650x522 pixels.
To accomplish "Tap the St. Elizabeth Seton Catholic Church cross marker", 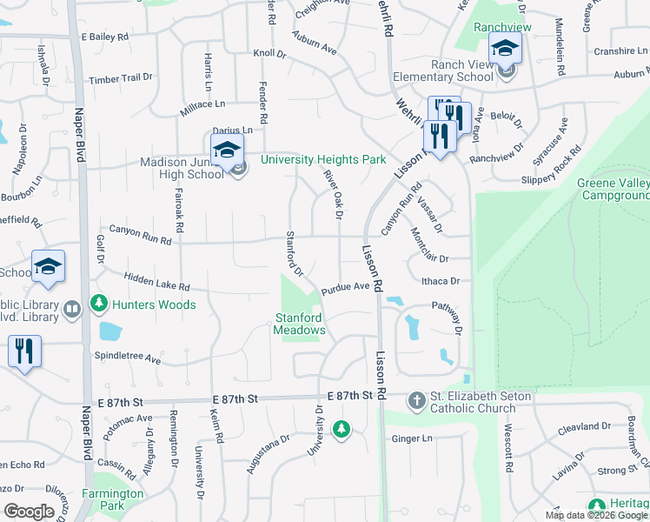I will [x=416, y=400].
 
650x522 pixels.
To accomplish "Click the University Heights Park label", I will [x=322, y=160].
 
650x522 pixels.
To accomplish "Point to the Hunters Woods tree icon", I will [x=100, y=304].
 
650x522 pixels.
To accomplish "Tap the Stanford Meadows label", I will [x=300, y=324].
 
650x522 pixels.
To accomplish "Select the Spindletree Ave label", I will [x=128, y=358].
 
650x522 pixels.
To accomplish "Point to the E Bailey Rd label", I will [x=104, y=37].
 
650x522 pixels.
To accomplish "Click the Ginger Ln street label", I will [x=413, y=438].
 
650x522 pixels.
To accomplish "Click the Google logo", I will [x=29, y=512].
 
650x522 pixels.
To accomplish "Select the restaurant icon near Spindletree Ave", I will [x=23, y=352].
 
